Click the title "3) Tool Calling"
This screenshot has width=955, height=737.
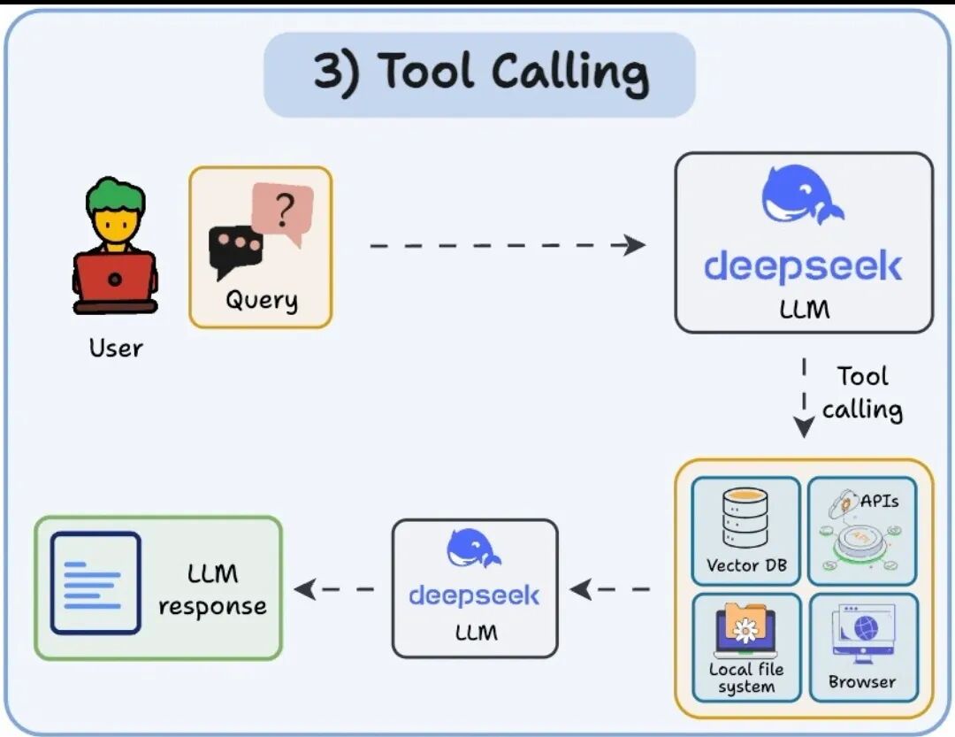[480, 73]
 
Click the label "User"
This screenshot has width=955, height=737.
[115, 348]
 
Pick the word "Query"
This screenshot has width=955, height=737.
[261, 300]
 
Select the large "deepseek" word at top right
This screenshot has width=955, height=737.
[803, 265]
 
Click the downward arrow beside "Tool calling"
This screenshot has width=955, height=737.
[804, 397]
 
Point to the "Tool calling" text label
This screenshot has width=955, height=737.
[862, 393]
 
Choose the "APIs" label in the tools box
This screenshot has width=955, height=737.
[879, 501]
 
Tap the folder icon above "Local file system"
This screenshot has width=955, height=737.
[745, 625]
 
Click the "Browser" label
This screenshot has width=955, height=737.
[862, 681]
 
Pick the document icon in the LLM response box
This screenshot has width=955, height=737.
[95, 583]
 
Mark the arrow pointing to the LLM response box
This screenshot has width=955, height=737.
[334, 588]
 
